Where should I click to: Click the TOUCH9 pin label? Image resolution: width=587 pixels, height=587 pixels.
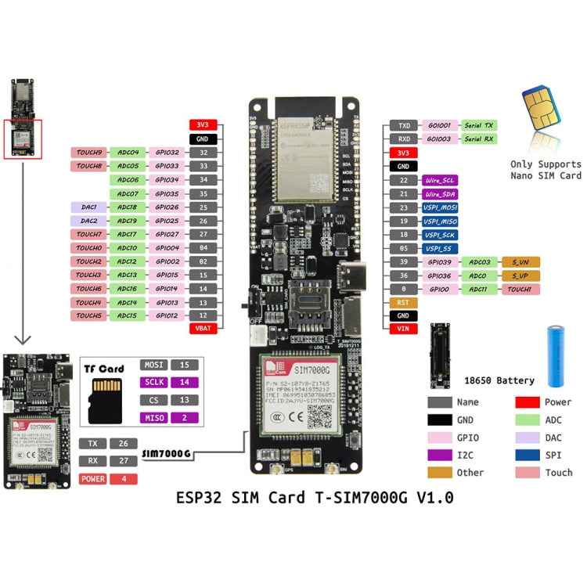coord(89,152)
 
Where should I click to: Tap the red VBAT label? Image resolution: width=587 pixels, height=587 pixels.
coord(203,329)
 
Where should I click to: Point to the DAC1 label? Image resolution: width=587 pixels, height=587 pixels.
coord(89,207)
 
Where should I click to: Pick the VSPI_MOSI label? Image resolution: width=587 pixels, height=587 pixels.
coord(441,207)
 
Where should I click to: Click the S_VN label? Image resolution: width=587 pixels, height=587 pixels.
coord(520,261)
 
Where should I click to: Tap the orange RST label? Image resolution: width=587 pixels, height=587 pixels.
coord(403,302)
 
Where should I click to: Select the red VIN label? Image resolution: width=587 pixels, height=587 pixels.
coord(403,329)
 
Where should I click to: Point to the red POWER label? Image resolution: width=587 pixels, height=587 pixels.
coord(93,479)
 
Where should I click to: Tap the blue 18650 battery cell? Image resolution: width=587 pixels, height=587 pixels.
coord(556,356)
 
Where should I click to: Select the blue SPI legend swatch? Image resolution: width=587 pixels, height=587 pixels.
coord(528,455)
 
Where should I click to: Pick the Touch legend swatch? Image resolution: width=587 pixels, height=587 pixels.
coord(528,473)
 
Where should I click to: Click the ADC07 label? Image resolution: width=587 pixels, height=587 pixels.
coord(128,193)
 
